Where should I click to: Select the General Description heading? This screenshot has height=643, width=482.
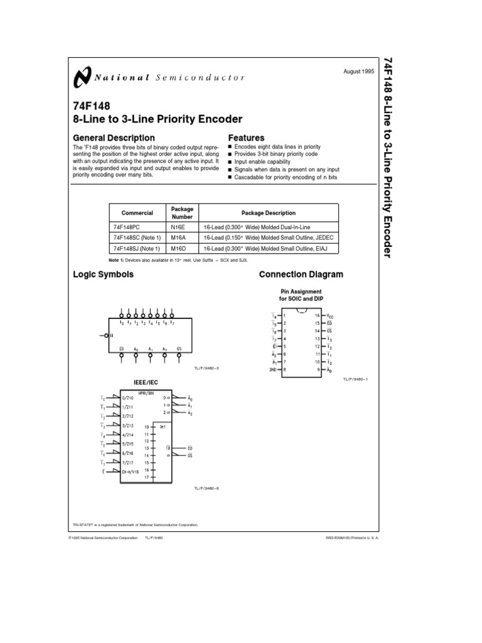click(x=114, y=138)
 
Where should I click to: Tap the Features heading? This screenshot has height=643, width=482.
click(x=246, y=138)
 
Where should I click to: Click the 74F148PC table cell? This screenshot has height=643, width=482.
click(x=129, y=226)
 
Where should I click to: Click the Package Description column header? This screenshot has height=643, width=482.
click(x=267, y=213)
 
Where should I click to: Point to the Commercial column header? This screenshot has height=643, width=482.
click(x=137, y=213)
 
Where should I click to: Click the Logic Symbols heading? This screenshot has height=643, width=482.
click(x=103, y=274)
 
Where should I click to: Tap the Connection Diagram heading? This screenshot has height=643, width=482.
click(x=301, y=274)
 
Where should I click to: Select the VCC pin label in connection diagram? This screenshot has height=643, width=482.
click(x=331, y=315)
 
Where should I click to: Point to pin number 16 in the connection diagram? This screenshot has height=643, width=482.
click(x=318, y=315)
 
